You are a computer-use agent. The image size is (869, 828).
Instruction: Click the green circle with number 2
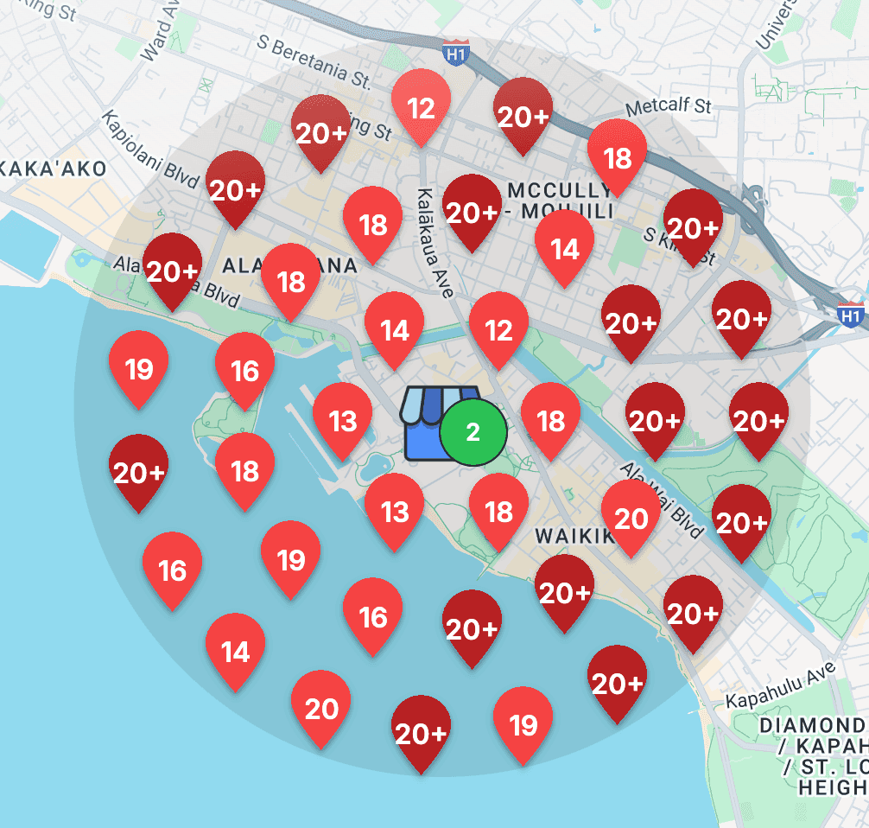473,431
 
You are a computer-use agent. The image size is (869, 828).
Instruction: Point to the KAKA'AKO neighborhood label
54,168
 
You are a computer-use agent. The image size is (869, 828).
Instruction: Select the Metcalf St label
668,106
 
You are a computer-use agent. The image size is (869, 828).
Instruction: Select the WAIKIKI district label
573,536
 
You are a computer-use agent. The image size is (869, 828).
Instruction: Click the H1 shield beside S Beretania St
455,51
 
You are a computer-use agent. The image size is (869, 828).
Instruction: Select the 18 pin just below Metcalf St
617,157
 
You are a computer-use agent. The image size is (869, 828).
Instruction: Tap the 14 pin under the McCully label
564,248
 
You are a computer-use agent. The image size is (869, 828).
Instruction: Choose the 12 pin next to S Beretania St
421,107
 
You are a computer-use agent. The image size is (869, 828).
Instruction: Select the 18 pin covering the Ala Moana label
291,282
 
